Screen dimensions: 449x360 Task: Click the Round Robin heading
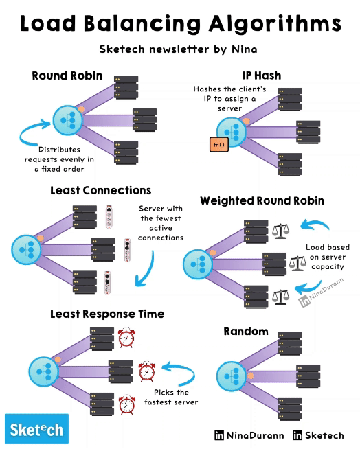[x=67, y=76]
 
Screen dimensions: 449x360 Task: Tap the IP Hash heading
[x=261, y=76]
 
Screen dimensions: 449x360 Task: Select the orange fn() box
[x=218, y=144]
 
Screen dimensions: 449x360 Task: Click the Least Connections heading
[x=100, y=190]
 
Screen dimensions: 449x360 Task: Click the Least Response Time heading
[x=107, y=314]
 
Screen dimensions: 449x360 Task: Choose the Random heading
[x=246, y=332]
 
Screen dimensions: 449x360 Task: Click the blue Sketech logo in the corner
[x=37, y=429]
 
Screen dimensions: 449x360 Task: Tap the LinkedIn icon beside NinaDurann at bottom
[x=219, y=435]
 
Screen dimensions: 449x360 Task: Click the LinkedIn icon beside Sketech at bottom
[x=297, y=435]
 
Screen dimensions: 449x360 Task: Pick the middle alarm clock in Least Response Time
[x=147, y=371]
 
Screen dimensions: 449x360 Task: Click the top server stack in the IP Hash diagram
[x=291, y=99]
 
